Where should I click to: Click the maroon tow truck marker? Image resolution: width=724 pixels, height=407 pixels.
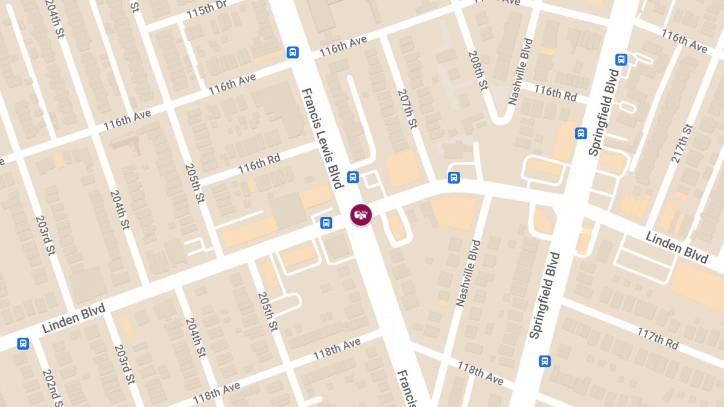361,215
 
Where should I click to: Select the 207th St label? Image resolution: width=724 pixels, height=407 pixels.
407,109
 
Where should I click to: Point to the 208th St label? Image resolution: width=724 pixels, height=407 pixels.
477,71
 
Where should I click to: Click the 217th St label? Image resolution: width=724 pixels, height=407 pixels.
682,144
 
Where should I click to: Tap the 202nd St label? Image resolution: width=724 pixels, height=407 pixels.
52,386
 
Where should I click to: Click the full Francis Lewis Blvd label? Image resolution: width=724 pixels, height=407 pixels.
322,138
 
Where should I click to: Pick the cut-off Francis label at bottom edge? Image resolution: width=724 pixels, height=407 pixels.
405,389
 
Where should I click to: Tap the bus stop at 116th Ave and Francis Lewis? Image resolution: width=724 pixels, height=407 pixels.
293,52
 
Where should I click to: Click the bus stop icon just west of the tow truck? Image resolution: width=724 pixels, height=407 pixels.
326,222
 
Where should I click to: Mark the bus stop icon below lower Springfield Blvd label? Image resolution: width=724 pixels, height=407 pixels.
544,361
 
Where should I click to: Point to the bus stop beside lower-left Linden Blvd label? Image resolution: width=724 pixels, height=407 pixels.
23,343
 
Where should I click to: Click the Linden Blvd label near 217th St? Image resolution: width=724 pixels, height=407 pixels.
676,247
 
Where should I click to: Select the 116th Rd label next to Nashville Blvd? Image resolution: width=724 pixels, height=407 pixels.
555,93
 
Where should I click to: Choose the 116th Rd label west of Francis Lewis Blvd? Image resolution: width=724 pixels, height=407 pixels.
259,164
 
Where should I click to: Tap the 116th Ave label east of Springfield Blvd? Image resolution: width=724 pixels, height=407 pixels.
684,41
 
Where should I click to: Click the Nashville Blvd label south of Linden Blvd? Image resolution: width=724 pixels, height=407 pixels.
468,273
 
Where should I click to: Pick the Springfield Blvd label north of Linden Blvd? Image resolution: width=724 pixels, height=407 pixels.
604,113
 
